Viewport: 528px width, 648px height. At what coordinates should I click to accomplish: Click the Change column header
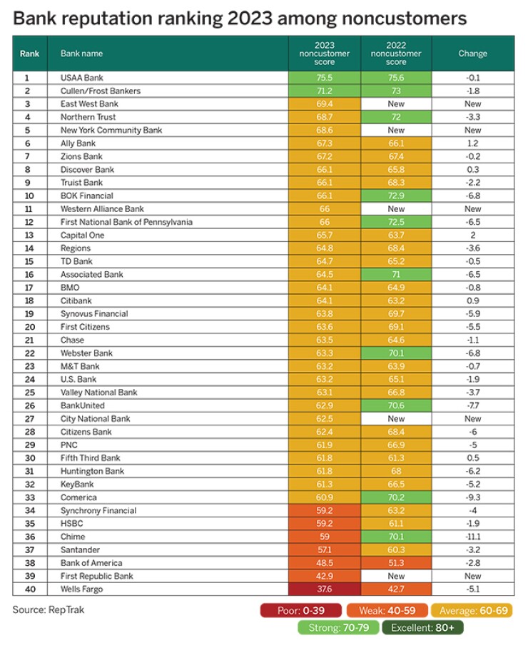[472, 54]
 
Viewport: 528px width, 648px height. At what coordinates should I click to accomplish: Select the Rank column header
[30, 54]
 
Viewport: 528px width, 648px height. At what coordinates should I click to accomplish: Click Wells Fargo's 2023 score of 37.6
[324, 589]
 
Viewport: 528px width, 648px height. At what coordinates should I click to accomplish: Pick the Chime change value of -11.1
[472, 537]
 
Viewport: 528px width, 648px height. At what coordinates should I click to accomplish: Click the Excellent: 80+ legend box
[424, 628]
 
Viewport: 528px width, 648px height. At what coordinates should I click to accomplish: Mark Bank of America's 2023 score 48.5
[324, 563]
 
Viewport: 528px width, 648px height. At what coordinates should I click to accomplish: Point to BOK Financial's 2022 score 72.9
[396, 196]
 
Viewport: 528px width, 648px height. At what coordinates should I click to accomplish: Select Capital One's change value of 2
[472, 235]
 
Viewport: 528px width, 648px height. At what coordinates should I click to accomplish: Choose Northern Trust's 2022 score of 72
[396, 117]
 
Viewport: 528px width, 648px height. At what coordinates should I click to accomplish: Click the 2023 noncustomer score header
[324, 54]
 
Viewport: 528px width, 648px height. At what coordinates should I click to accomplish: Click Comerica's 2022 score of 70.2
[396, 497]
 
